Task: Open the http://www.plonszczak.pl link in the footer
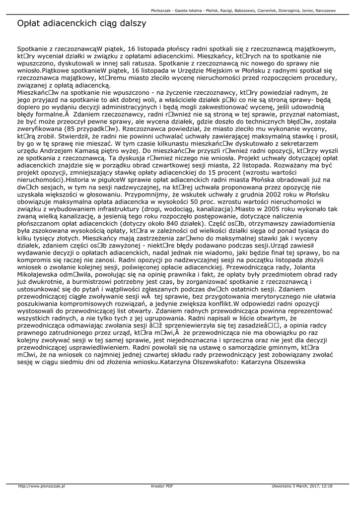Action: click(42, 486)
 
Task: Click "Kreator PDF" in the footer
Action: click(162, 486)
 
